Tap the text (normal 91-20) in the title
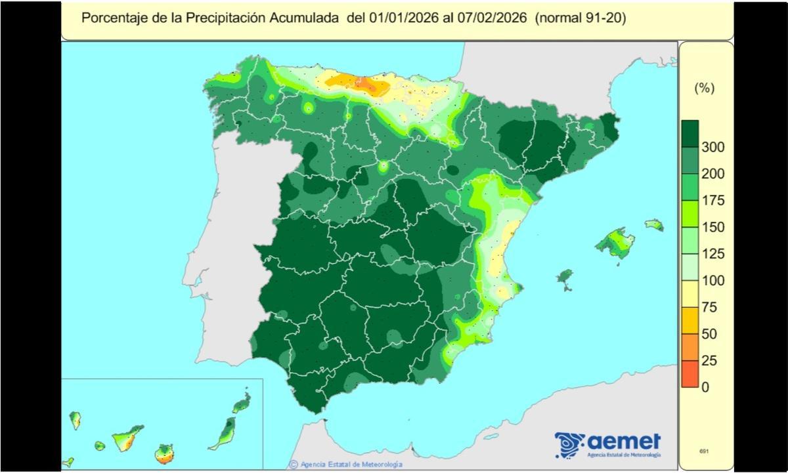(580, 18)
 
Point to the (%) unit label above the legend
(704, 89)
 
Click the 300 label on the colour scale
(712, 147)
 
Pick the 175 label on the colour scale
(712, 201)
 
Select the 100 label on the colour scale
(712, 281)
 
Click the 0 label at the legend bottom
(706, 387)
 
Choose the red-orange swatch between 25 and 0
(689, 374)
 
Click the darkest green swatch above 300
(689, 134)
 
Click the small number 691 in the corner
(704, 451)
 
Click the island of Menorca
(654, 225)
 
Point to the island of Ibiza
(564, 278)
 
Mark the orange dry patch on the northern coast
(358, 82)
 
